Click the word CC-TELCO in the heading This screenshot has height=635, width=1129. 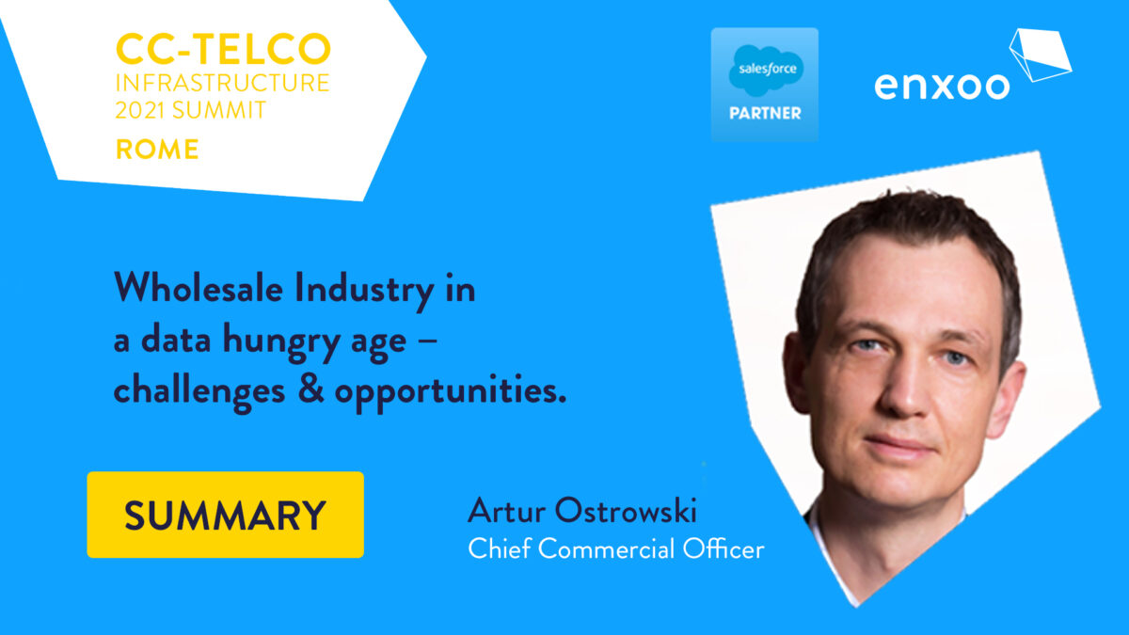point(223,49)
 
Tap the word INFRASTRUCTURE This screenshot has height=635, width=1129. point(223,83)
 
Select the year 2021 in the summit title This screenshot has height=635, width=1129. point(140,110)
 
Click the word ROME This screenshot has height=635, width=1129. point(157,150)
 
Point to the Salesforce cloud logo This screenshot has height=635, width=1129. point(766,71)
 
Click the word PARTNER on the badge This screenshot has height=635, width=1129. point(765,113)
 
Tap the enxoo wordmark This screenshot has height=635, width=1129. point(942,87)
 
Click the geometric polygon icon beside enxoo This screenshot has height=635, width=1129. point(1040,55)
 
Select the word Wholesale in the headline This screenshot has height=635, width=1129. point(199,288)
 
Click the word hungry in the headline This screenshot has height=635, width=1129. point(281,341)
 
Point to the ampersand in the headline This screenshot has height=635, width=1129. point(310,389)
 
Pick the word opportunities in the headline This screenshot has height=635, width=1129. point(450,392)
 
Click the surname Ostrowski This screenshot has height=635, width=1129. point(626,511)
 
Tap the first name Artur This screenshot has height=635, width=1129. point(506,511)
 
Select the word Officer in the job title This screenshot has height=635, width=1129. point(724,548)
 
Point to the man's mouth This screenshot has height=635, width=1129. point(900,446)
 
